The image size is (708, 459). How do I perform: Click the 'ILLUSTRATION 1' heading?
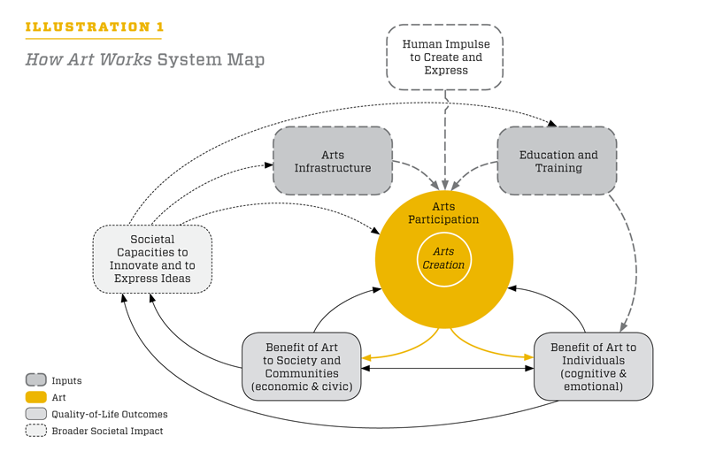coord(94,27)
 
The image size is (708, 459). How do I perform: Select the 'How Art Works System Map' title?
coord(144,60)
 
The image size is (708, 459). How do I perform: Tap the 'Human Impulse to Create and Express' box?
coord(445,57)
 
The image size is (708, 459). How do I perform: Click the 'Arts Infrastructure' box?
coord(333,161)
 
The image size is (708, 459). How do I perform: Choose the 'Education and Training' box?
coord(558,161)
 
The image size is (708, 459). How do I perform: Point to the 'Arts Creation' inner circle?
coord(443,259)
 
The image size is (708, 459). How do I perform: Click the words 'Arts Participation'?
coord(443,213)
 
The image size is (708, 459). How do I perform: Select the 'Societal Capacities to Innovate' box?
coord(152,259)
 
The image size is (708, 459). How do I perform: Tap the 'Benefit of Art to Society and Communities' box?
coord(302,366)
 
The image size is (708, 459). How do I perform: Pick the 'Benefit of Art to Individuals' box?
coord(593,366)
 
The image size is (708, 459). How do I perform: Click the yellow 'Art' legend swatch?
coord(36,398)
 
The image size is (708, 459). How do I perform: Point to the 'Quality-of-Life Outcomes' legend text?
coord(109,414)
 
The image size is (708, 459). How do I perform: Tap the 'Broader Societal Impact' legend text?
coord(107,431)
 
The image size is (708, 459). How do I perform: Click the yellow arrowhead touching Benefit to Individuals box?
coord(528,357)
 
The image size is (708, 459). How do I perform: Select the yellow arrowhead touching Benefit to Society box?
coord(366,357)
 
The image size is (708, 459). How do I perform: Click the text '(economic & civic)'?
coord(302,386)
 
